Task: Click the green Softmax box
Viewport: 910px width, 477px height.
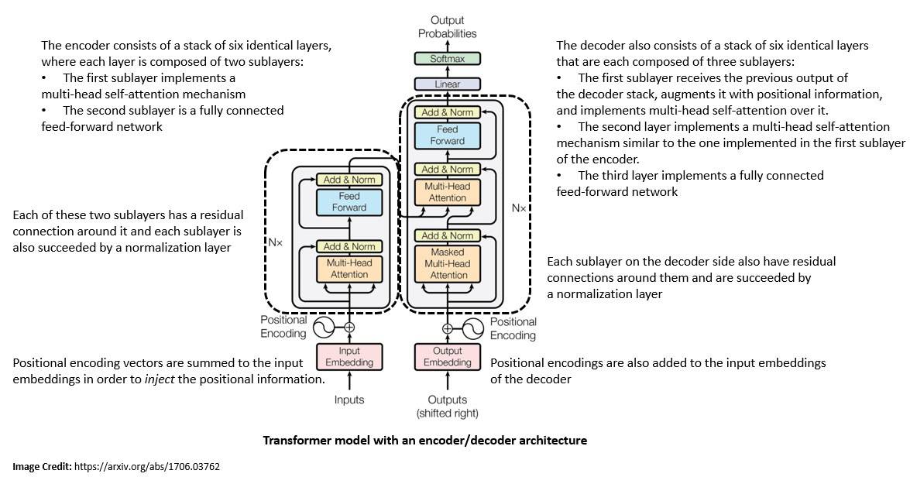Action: pyautogui.click(x=447, y=58)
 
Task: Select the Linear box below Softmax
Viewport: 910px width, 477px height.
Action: pyautogui.click(x=447, y=84)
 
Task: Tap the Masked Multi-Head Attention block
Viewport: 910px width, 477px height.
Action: pyautogui.click(x=448, y=263)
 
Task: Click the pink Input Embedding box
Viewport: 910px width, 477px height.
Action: pyautogui.click(x=349, y=356)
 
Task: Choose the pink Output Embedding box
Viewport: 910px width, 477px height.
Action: pyautogui.click(x=447, y=356)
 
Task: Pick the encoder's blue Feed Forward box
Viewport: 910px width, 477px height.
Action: pyautogui.click(x=349, y=202)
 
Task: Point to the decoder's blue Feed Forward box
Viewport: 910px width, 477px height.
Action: pyautogui.click(x=448, y=136)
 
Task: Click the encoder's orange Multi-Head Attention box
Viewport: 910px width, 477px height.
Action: pyautogui.click(x=349, y=269)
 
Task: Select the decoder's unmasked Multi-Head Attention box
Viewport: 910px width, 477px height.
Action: pyautogui.click(x=448, y=191)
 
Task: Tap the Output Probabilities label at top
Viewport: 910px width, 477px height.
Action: pyautogui.click(x=447, y=27)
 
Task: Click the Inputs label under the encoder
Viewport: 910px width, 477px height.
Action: pyautogui.click(x=349, y=400)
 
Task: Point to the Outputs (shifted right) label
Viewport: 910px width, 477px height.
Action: pyautogui.click(x=447, y=407)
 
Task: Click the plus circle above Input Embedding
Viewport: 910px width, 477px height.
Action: pyautogui.click(x=349, y=328)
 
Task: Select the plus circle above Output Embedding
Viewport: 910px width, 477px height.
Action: pyautogui.click(x=448, y=328)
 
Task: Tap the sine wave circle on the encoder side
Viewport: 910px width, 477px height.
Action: pyautogui.click(x=324, y=328)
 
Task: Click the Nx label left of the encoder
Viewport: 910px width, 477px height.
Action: pyautogui.click(x=276, y=242)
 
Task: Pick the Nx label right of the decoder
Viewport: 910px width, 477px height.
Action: pyautogui.click(x=518, y=208)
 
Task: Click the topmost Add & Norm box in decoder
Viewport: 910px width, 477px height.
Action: pyautogui.click(x=448, y=112)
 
